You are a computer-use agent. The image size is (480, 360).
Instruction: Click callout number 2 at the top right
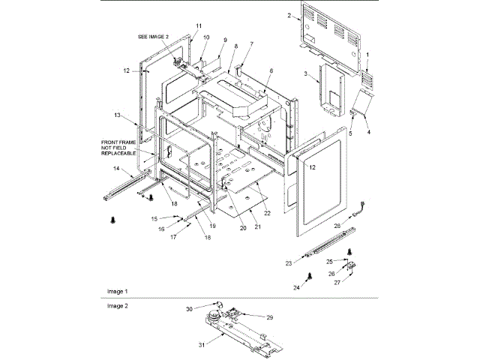pyautogui.click(x=289, y=15)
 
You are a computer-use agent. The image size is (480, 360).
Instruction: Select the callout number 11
pyautogui.click(x=199, y=26)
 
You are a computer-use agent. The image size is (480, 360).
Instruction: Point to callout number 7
pyautogui.click(x=251, y=44)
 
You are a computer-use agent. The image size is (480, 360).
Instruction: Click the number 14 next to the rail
pyautogui.click(x=117, y=169)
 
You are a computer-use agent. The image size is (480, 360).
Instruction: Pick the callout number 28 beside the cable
pyautogui.click(x=337, y=225)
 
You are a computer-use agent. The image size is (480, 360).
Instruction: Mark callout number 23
pyautogui.click(x=288, y=263)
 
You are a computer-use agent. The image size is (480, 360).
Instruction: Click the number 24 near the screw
pyautogui.click(x=296, y=288)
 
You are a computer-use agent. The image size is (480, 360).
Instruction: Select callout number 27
pyautogui.click(x=337, y=282)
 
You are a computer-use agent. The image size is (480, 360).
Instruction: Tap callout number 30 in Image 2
pyautogui.click(x=190, y=309)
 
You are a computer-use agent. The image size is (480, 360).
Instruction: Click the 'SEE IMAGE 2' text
pyautogui.click(x=154, y=36)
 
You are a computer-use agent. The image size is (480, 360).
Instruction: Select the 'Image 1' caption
pyautogui.click(x=116, y=290)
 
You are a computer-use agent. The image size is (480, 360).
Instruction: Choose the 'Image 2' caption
pyautogui.click(x=116, y=306)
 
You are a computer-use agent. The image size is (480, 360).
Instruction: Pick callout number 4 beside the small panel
pyautogui.click(x=368, y=132)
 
